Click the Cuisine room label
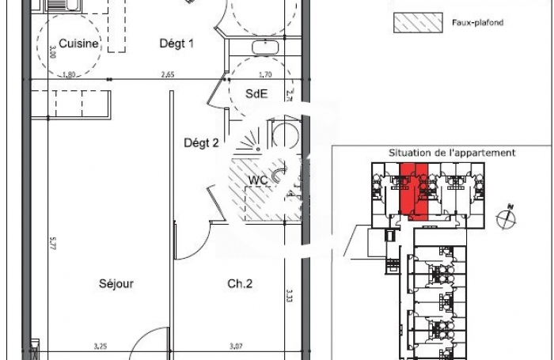[x=78, y=44]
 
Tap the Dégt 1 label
[x=176, y=44]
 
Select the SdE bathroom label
[x=256, y=93]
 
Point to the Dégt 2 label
[x=201, y=143]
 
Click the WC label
[x=258, y=180]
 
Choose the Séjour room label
[x=116, y=283]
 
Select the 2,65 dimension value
[x=168, y=75]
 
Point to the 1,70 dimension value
[x=265, y=75]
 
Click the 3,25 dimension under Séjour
[x=101, y=346]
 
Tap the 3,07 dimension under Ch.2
[x=236, y=346]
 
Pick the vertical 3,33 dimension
[x=290, y=297]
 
